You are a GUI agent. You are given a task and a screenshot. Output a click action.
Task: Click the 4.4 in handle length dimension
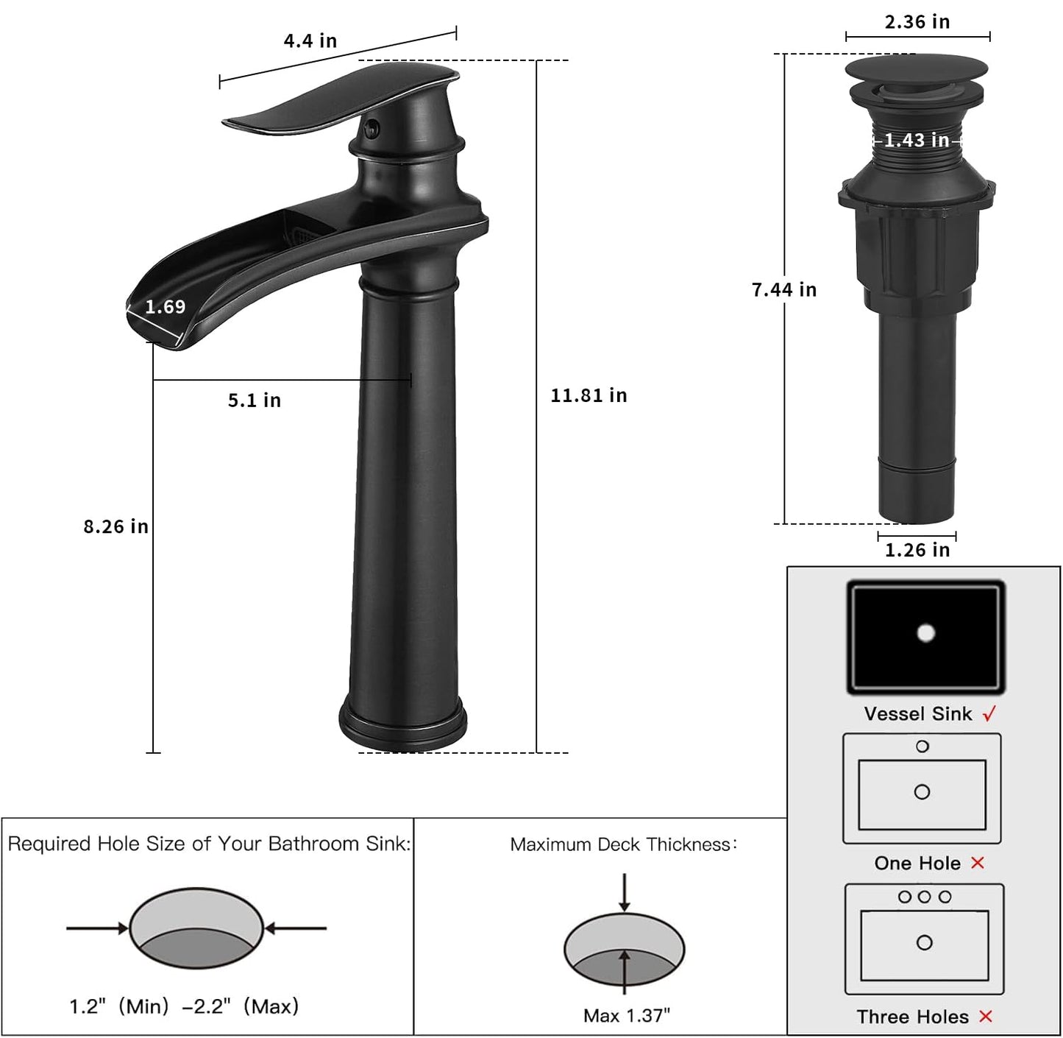(x=310, y=41)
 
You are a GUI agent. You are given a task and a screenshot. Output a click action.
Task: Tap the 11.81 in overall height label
(x=589, y=396)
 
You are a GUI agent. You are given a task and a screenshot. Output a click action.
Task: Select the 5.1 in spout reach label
(x=254, y=400)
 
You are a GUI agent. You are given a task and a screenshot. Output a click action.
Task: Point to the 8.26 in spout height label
(x=115, y=527)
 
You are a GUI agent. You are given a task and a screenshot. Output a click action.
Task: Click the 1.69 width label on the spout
(x=165, y=307)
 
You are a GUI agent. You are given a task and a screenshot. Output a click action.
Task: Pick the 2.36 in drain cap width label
(x=917, y=22)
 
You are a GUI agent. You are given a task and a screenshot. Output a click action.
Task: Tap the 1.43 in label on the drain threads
(x=917, y=140)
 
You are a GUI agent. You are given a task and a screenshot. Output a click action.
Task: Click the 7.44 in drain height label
(x=784, y=290)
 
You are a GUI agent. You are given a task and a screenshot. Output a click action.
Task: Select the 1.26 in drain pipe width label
(x=917, y=550)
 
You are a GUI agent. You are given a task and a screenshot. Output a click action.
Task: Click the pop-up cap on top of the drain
(x=916, y=68)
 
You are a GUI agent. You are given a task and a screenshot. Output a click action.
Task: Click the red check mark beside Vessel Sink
(x=989, y=713)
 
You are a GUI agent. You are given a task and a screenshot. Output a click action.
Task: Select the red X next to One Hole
(x=978, y=863)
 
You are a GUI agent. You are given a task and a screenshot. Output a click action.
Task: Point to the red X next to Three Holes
(x=986, y=1017)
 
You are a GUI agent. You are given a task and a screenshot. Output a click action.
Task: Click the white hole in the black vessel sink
(x=925, y=632)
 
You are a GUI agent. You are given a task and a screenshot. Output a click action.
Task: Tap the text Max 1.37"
(x=627, y=1016)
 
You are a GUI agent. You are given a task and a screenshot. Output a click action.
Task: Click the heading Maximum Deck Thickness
(x=623, y=844)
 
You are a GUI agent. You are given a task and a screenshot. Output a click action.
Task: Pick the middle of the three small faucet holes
(x=925, y=897)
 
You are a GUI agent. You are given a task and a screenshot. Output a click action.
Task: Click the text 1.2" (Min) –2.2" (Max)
(x=184, y=1006)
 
